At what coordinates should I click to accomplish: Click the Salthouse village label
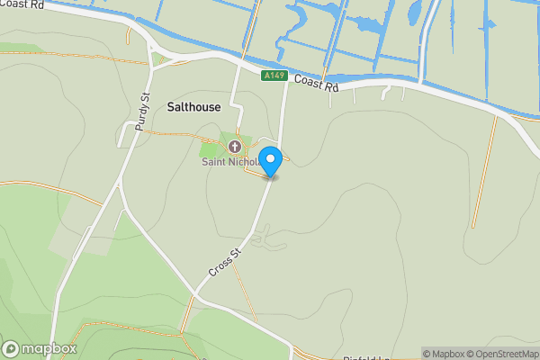pyautogui.click(x=193, y=106)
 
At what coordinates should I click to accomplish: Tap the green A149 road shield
pyautogui.click(x=274, y=76)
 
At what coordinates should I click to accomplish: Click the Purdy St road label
pyautogui.click(x=141, y=112)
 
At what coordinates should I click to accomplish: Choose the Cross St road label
pyautogui.click(x=226, y=264)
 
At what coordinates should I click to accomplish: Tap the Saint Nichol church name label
pyautogui.click(x=230, y=163)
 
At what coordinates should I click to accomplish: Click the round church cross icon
pyautogui.click(x=235, y=147)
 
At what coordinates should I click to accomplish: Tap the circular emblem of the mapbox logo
pyautogui.click(x=11, y=348)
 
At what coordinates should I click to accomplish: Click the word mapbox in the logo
pyautogui.click(x=49, y=348)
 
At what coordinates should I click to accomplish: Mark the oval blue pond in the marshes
pyautogui.click(x=414, y=13)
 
